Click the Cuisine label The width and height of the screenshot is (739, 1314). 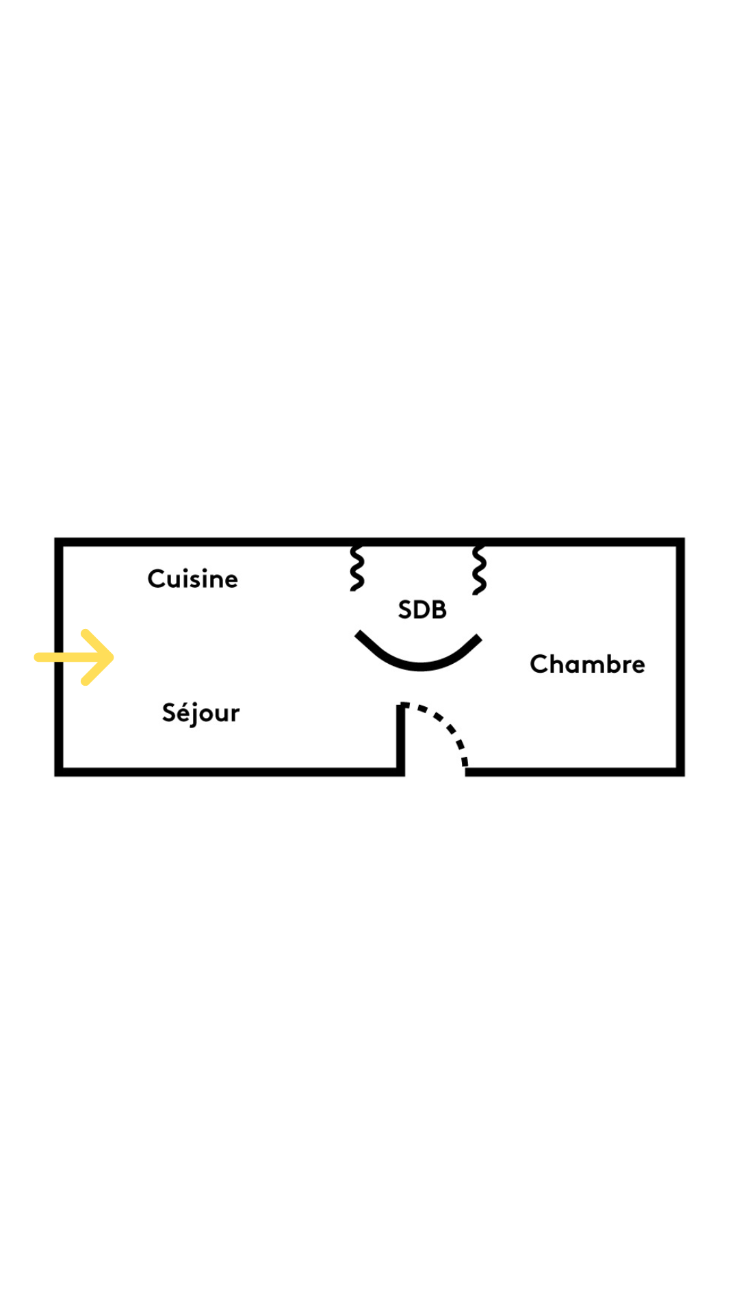coord(193,579)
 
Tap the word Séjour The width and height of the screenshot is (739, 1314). coord(200,712)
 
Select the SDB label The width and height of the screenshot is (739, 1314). coord(422,610)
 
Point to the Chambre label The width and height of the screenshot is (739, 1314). coord(587,664)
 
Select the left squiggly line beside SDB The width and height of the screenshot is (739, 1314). coord(356,568)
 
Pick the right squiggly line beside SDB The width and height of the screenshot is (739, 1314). coord(479,569)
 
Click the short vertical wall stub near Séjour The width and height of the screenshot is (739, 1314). coord(400,739)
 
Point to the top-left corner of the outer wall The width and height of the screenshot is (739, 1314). coord(59,542)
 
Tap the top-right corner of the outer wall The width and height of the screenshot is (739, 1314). coord(680,542)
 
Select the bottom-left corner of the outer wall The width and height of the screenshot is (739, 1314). coord(59,772)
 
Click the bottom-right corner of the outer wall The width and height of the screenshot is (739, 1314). coord(680,772)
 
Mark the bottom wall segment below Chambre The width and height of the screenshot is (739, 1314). coord(575,772)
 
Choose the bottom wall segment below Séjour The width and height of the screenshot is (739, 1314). coord(230,772)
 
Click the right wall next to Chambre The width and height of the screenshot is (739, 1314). coord(680,657)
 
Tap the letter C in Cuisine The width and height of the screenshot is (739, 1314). coord(157,579)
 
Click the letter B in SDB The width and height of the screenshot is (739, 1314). coord(439,610)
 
